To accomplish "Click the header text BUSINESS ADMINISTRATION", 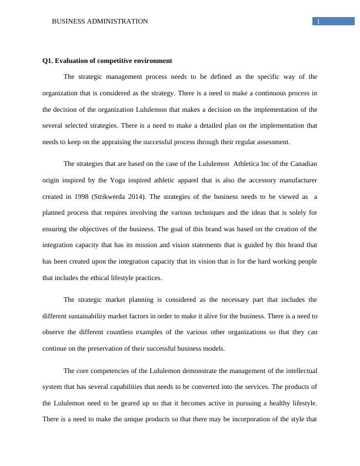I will (100, 21).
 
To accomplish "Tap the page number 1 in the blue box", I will (318, 22).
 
